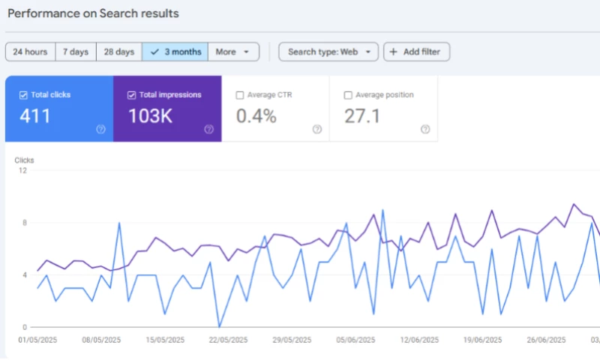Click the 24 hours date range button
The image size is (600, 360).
(x=30, y=52)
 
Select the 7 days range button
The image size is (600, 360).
(x=75, y=52)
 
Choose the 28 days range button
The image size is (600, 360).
(x=119, y=52)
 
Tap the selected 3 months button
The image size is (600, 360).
(x=175, y=52)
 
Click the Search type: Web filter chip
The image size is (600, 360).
(x=328, y=52)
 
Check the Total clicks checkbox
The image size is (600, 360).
(x=23, y=95)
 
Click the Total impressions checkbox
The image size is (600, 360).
(x=131, y=95)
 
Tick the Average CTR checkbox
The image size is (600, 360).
(x=240, y=95)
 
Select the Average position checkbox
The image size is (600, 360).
(x=348, y=95)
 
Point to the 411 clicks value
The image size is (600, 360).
(x=35, y=115)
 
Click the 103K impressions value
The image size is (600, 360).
(x=150, y=115)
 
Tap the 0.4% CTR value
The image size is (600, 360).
(x=256, y=115)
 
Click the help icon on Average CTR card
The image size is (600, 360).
(x=317, y=129)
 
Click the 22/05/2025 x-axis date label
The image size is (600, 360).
(x=229, y=340)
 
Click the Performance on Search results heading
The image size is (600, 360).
(x=93, y=13)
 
